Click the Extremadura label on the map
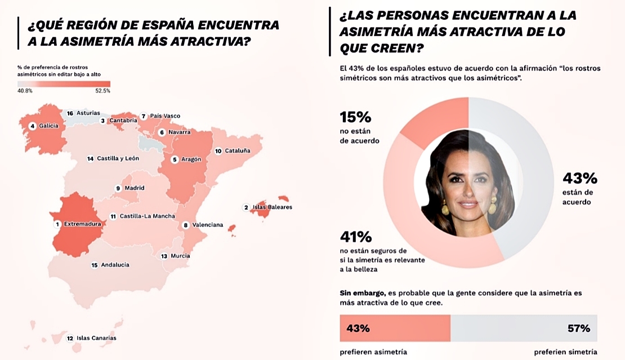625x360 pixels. pyautogui.click(x=82, y=224)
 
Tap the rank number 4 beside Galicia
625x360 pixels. pyautogui.click(x=33, y=126)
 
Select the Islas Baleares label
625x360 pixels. pyautogui.click(x=272, y=207)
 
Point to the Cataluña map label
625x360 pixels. pyautogui.click(x=232, y=151)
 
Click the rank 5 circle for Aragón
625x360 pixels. pyautogui.click(x=175, y=159)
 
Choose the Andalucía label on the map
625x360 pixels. pyautogui.click(x=115, y=265)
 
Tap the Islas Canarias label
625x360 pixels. pyautogui.click(x=96, y=338)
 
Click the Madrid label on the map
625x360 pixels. pyautogui.click(x=134, y=188)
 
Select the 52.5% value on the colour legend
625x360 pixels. pyautogui.click(x=102, y=91)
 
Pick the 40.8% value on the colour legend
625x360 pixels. pyautogui.click(x=25, y=91)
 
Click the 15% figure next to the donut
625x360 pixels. pyautogui.click(x=355, y=117)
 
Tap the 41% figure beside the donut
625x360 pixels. pyautogui.click(x=355, y=237)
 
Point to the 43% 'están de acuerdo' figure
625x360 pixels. pyautogui.click(x=579, y=179)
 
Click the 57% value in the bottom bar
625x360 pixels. pyautogui.click(x=578, y=328)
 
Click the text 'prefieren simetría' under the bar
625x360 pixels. pyautogui.click(x=565, y=352)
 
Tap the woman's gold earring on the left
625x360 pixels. pyautogui.click(x=445, y=208)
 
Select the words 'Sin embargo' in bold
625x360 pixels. pyautogui.click(x=362, y=294)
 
